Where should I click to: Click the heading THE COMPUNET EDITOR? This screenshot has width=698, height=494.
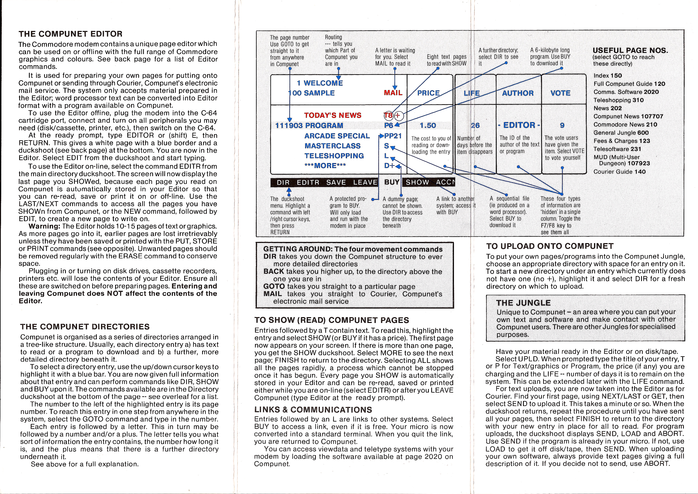(x=71, y=34)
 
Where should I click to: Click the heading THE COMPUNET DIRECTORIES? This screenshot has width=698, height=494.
(x=85, y=327)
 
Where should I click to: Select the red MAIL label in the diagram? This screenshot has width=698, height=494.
(x=393, y=93)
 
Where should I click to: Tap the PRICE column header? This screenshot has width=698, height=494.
(x=428, y=93)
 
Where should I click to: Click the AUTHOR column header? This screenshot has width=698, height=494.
(x=518, y=93)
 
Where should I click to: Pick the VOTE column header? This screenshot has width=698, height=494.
(x=560, y=93)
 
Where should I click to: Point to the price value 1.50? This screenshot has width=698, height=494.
(x=428, y=125)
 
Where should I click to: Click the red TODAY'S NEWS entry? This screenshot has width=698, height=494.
(x=333, y=115)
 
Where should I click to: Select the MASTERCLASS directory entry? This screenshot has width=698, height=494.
(x=332, y=146)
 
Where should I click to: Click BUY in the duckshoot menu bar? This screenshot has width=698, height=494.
(x=392, y=182)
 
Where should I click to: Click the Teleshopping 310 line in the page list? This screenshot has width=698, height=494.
(x=618, y=100)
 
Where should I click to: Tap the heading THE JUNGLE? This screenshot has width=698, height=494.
(x=523, y=303)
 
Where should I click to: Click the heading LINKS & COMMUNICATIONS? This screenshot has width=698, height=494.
(x=313, y=410)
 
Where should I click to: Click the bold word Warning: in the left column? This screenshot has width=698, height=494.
(x=44, y=226)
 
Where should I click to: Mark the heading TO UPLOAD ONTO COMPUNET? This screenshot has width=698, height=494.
(x=549, y=246)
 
